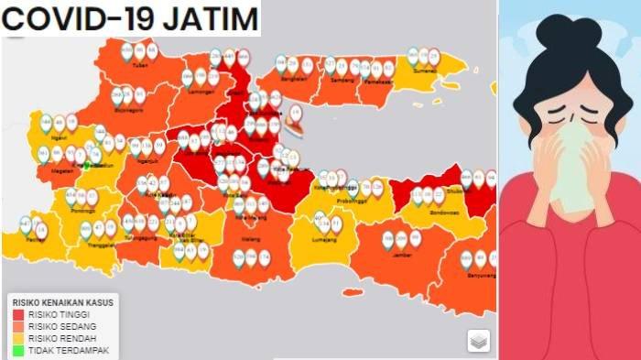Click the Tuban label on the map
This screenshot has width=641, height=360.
coord(139,66)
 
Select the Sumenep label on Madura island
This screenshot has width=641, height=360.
coord(423,70)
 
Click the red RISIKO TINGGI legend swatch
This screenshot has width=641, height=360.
coord(17,313)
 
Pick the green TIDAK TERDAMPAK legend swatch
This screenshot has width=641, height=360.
coord(17,349)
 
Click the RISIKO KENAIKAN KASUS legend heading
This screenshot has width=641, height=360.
coord(60,301)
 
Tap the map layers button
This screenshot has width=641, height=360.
coord(478,340)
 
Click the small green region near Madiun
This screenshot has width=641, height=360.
coord(86,166)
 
